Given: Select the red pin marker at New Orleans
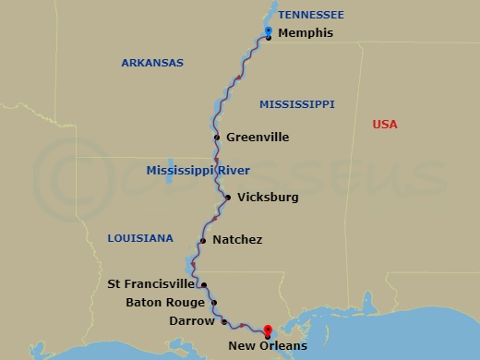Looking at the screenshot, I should tap(267, 331).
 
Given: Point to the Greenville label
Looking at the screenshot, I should tap(258, 138).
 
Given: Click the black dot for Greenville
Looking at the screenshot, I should tap(217, 138).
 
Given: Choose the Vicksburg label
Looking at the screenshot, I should tap(268, 197).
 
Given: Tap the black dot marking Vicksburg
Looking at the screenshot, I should tap(227, 197).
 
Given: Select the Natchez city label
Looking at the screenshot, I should tap(237, 240).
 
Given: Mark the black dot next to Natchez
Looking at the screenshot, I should tap(202, 241).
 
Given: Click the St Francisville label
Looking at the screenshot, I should tap(151, 284).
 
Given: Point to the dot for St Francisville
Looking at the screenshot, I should tap(203, 285).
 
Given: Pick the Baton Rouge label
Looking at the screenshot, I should tap(165, 303).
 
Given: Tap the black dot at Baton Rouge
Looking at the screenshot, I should tap(214, 303).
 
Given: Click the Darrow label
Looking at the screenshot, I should tap(192, 321).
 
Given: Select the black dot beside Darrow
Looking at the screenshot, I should tap(223, 321).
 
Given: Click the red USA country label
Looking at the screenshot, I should tap(384, 125).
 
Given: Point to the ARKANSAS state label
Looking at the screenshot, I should tap(152, 63).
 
